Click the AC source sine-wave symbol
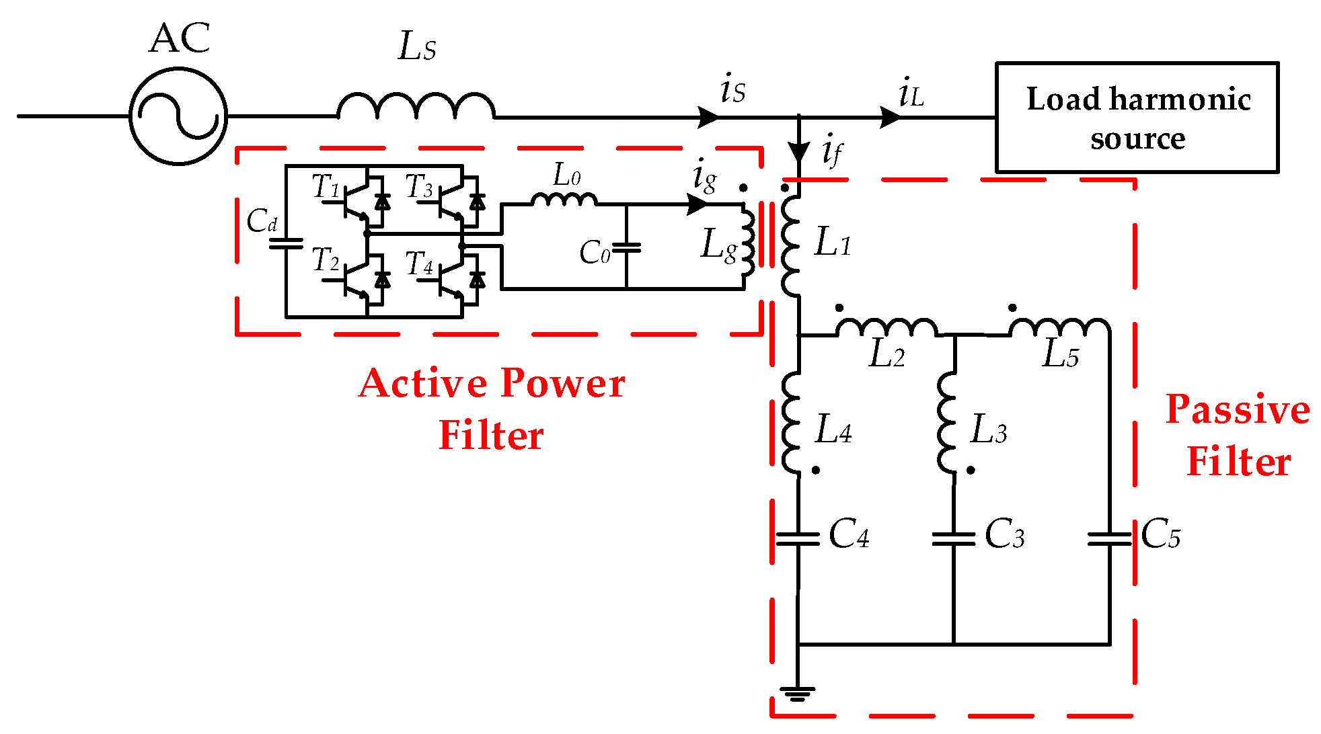pos(178,116)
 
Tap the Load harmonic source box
pos(1137,118)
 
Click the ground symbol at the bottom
pos(798,693)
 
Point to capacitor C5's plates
pos(1109,538)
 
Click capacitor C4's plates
pos(798,538)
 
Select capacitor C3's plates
pos(953,538)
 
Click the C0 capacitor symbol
pos(626,247)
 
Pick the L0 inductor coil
pos(564,200)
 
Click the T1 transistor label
pos(326,186)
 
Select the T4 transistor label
pos(420,263)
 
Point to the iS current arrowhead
pos(708,117)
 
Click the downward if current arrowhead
pos(798,153)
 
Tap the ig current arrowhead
pos(697,204)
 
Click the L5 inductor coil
pos(1059,327)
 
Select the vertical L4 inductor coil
pos(792,422)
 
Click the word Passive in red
pos(1238,409)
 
